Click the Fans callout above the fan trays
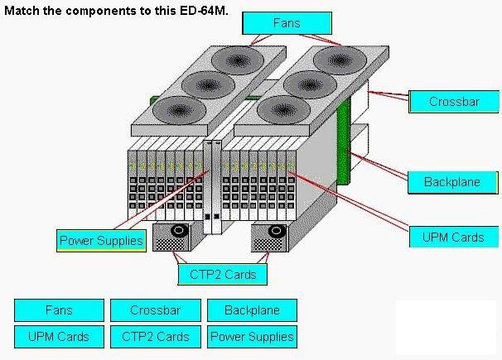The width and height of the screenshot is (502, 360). (287, 23)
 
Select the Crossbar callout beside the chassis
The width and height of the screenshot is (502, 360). (454, 102)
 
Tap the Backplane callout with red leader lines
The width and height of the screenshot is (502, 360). (452, 182)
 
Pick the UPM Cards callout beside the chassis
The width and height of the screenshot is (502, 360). (454, 237)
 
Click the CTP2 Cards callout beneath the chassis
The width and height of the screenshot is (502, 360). (223, 274)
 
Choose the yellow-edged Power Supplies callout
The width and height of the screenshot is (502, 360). (101, 241)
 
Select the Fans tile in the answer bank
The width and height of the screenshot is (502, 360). (59, 310)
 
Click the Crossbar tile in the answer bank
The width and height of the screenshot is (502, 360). (156, 310)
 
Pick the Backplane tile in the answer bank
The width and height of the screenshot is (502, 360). (252, 310)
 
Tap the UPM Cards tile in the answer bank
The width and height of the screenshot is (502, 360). (59, 337)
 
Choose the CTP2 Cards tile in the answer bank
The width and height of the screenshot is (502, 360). (156, 337)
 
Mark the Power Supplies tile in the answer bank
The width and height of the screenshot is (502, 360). (252, 337)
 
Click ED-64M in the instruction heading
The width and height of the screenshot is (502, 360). (203, 11)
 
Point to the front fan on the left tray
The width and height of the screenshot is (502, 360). (179, 111)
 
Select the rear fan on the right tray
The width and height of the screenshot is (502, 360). (340, 60)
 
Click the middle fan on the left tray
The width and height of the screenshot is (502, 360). (208, 85)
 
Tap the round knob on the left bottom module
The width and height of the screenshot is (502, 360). (179, 231)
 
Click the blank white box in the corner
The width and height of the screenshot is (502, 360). (446, 327)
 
